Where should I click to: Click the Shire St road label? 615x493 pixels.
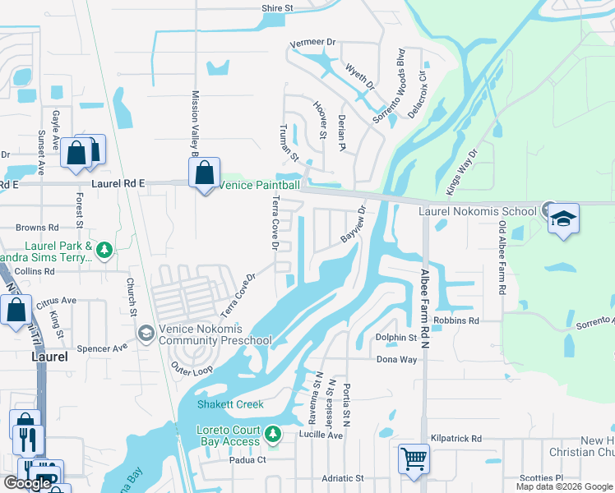click(x=277, y=8)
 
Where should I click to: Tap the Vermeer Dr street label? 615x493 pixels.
click(x=314, y=42)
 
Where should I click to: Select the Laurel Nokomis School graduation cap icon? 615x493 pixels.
click(x=564, y=219)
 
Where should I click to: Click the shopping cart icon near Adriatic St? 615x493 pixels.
click(x=414, y=458)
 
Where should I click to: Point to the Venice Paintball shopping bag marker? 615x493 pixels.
click(x=204, y=173)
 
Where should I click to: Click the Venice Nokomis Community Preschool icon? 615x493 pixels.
click(x=146, y=332)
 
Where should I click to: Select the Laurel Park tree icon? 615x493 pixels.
click(x=104, y=248)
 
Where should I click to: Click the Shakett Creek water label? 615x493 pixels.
click(x=230, y=404)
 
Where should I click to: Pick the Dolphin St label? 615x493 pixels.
click(x=396, y=338)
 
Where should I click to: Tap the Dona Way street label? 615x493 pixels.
click(x=397, y=360)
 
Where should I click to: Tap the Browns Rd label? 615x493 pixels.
click(x=38, y=227)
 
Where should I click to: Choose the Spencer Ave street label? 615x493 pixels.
click(x=102, y=348)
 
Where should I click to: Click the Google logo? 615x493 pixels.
click(x=27, y=483)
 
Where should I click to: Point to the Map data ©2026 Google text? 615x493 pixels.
click(x=564, y=486)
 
